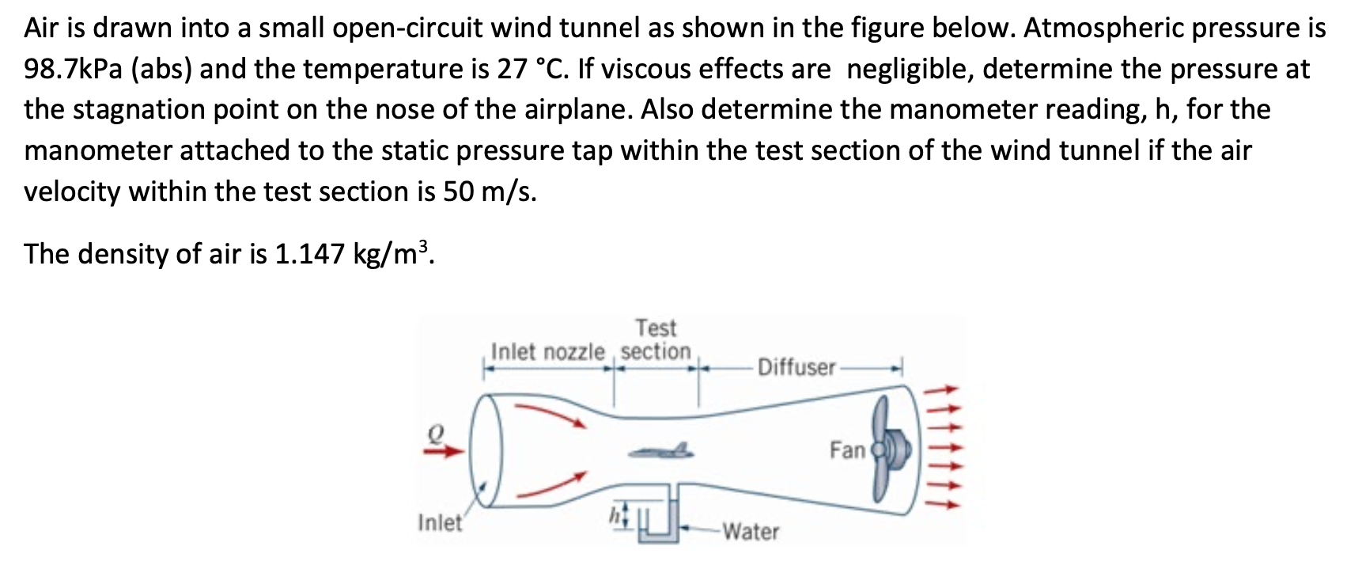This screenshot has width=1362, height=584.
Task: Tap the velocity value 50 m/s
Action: [x=489, y=192]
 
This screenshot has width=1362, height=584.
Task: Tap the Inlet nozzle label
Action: [x=547, y=351]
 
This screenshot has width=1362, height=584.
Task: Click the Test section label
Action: [x=656, y=339]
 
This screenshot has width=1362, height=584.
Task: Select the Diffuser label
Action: [x=796, y=367]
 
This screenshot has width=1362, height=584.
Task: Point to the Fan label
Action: [x=847, y=450]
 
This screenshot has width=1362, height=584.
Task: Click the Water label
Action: [x=751, y=531]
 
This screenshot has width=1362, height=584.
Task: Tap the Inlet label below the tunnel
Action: [x=440, y=522]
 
